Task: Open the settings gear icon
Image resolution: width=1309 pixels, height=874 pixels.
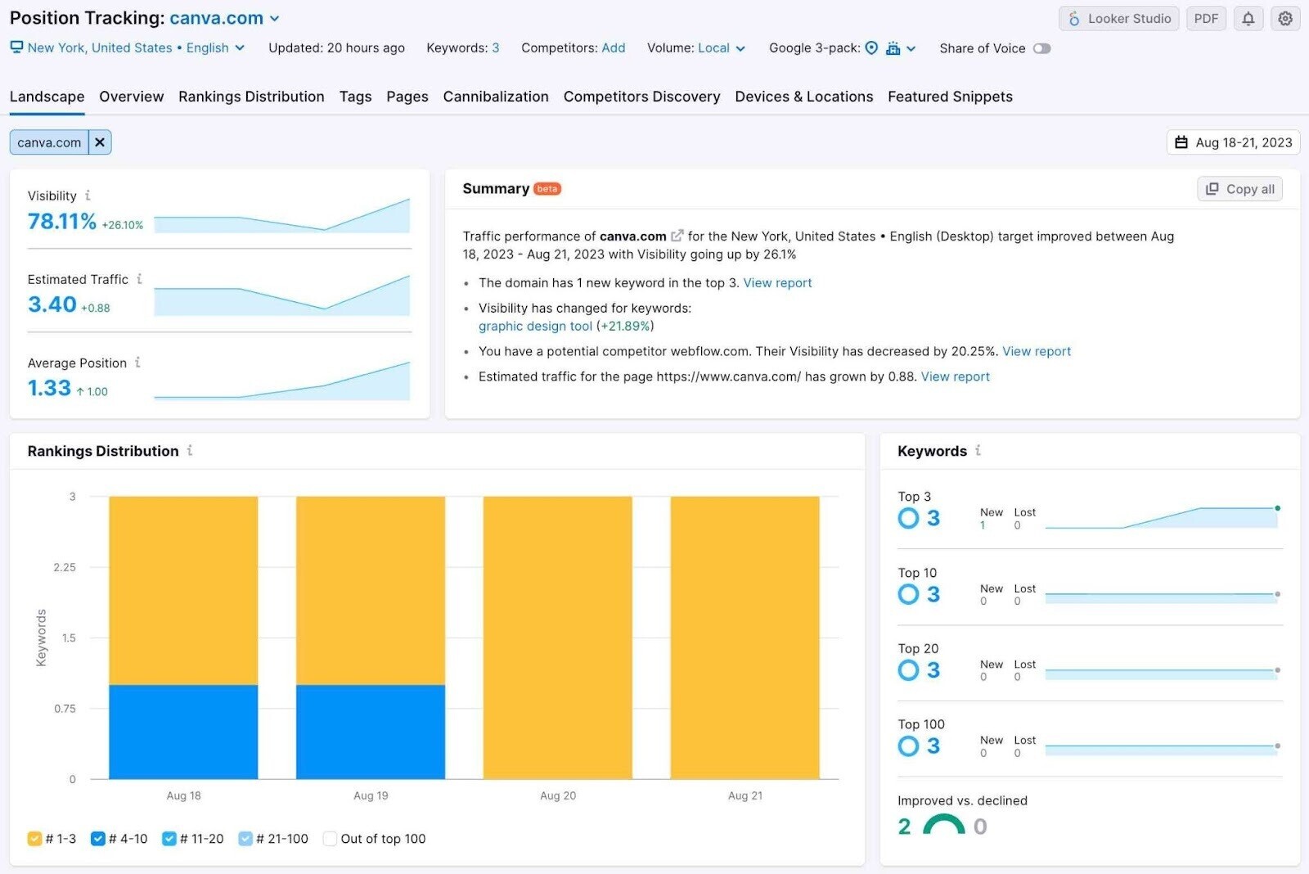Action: click(1285, 19)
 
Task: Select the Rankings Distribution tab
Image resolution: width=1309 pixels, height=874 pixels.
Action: click(251, 97)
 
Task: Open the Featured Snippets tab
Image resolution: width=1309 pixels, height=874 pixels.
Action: click(950, 97)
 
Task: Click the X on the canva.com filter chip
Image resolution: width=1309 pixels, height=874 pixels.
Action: click(100, 142)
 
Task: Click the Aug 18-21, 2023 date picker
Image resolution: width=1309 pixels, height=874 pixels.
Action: click(1234, 142)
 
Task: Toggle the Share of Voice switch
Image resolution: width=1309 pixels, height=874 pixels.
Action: click(1041, 48)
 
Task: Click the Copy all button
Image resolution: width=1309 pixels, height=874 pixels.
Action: click(1240, 189)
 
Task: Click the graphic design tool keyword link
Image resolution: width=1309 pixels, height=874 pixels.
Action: click(535, 326)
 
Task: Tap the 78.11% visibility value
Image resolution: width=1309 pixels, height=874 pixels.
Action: click(62, 222)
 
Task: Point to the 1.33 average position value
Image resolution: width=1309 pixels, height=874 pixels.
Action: click(50, 388)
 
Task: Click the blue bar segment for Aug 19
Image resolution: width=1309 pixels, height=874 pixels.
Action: click(371, 732)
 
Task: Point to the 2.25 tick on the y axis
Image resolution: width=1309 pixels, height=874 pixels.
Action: click(65, 567)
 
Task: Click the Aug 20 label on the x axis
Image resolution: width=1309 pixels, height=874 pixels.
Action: click(558, 795)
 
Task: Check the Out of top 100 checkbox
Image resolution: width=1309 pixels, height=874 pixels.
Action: click(331, 839)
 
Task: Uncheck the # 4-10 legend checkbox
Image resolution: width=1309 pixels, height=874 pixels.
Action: click(98, 839)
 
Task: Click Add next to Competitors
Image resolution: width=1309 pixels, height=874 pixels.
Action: click(613, 48)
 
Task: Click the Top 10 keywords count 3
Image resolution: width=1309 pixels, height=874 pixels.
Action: click(933, 594)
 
